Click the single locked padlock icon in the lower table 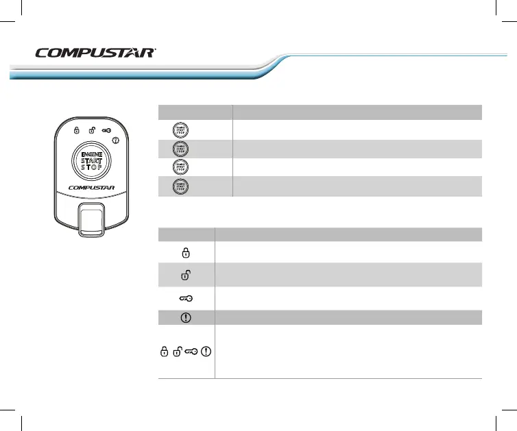click(x=185, y=252)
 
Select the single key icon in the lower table click(x=186, y=297)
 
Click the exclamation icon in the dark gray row click(x=185, y=317)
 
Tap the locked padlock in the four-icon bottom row click(x=164, y=352)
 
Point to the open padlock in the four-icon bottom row click(x=177, y=352)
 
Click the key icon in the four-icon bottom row click(x=192, y=352)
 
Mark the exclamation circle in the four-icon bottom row click(x=208, y=352)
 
